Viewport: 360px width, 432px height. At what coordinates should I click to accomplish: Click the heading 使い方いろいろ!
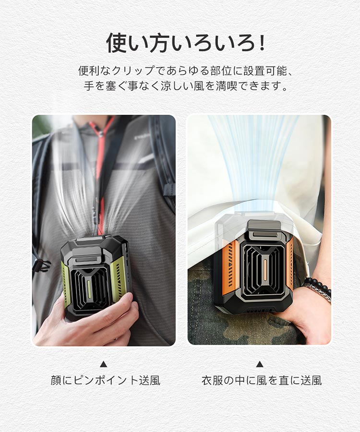(x=186, y=43)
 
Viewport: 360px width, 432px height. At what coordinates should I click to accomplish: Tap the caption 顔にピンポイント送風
(x=105, y=381)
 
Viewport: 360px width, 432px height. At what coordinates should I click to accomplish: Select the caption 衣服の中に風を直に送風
(x=262, y=381)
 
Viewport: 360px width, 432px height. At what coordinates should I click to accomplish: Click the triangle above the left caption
(x=103, y=364)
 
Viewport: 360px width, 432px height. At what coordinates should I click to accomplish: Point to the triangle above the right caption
(x=260, y=364)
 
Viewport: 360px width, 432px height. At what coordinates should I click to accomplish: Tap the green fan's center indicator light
(x=89, y=289)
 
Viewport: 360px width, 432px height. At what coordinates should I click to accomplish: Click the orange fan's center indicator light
(x=266, y=267)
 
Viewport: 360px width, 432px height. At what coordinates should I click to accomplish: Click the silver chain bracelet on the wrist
(x=320, y=292)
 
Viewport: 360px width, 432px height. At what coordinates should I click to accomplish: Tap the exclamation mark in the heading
(x=262, y=43)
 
